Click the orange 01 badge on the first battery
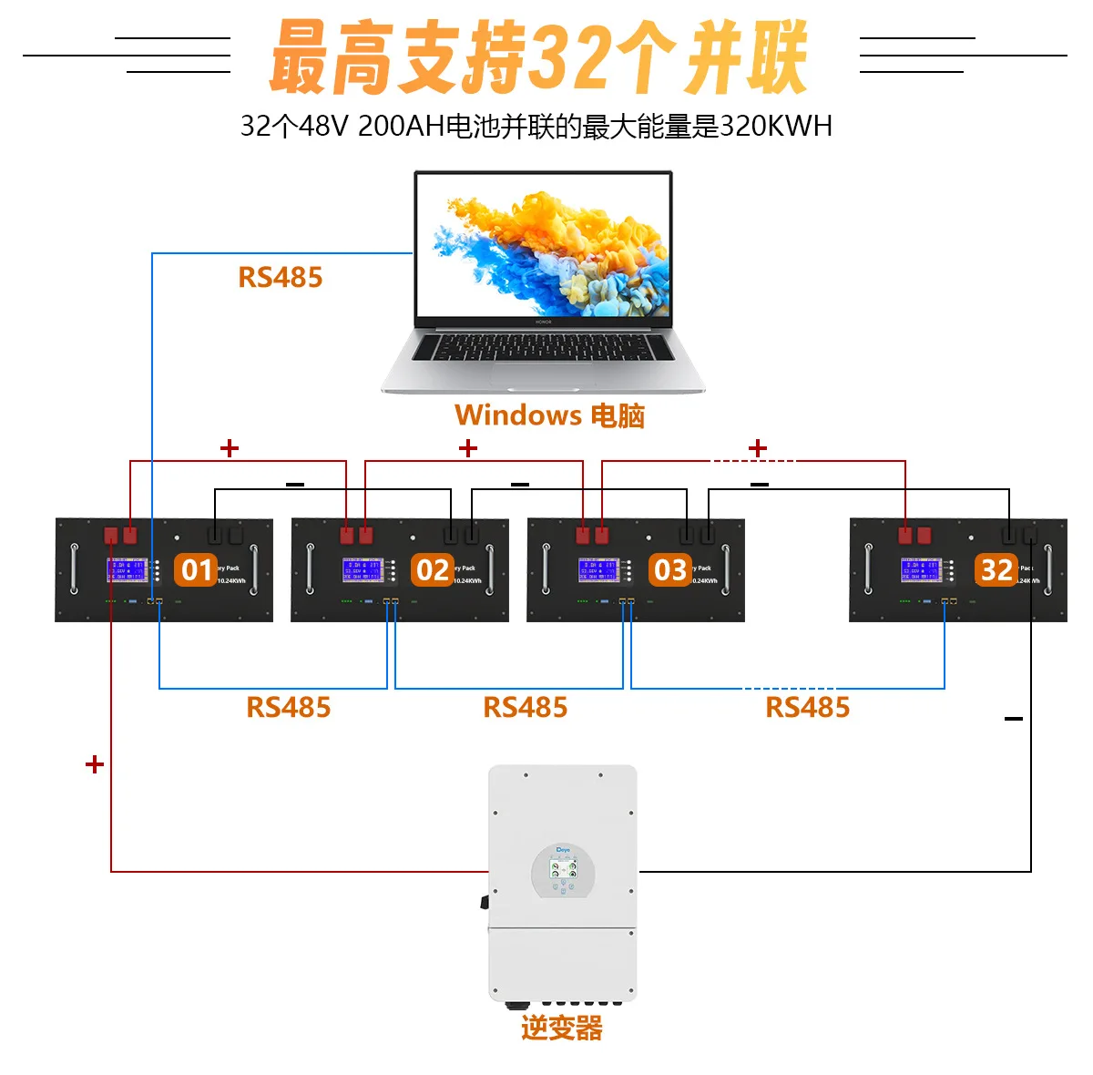pos(196,570)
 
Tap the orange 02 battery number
pos(432,570)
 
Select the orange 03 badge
pos(669,570)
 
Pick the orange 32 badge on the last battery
pos(996,570)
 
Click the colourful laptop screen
pos(543,245)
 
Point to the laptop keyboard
pos(543,347)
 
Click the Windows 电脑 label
pos(549,415)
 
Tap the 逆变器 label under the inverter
pos(561,1029)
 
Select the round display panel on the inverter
pos(563,871)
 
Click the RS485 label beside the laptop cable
pos(281,278)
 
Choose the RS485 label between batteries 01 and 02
pos(289,708)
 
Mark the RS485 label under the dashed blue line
pos(807,708)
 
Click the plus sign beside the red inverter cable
pos(95,764)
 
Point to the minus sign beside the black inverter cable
pos(1014,719)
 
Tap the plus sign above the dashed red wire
pos(758,448)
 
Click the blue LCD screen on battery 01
pos(128,570)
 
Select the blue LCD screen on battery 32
pos(922,570)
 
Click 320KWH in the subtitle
pos(776,126)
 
